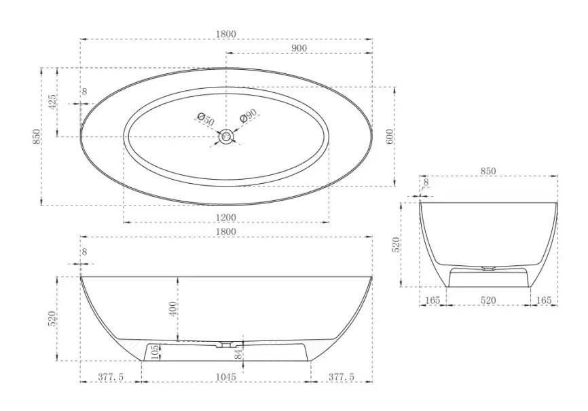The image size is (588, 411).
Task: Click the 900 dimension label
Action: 299,48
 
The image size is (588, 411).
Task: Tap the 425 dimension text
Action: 52,102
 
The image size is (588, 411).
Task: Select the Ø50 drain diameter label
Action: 206,119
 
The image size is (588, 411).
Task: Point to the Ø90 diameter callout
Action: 249,115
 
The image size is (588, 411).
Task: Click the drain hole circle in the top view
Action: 226,136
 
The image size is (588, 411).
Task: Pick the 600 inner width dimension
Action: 390,137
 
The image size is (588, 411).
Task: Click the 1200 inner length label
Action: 226,217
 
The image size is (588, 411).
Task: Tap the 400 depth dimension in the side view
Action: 172,309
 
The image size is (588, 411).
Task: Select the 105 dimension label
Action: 155,353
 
